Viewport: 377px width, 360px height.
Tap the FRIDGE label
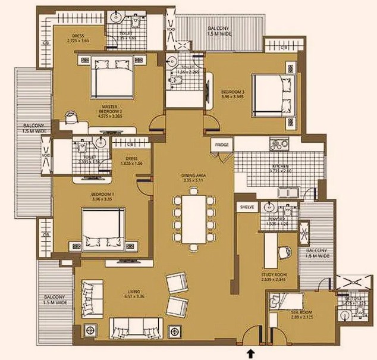coord(222,144)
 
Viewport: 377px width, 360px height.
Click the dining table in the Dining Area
coord(194,218)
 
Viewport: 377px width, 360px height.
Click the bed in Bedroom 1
coord(103,228)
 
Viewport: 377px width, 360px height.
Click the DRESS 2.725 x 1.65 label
coord(78,37)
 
